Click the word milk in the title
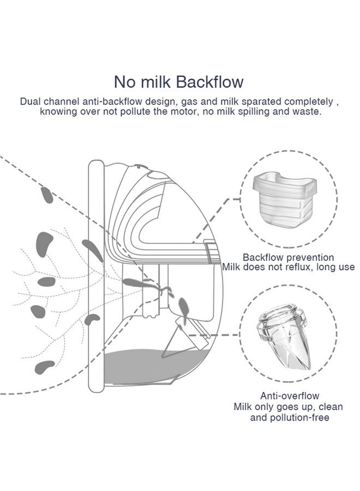[155, 82]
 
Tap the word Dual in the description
[29, 101]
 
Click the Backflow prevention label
[289, 257]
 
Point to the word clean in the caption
[332, 406]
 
